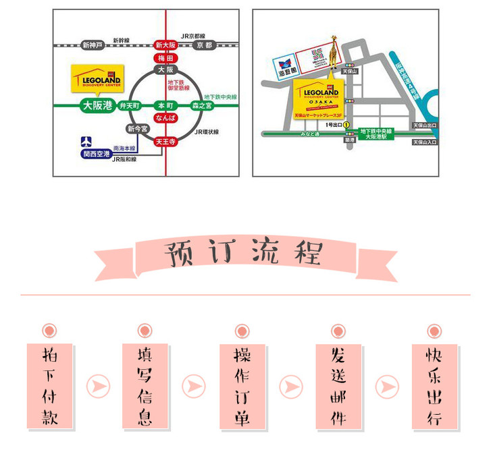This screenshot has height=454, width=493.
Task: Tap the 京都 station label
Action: point(205,45)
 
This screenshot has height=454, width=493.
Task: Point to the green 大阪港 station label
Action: point(97,105)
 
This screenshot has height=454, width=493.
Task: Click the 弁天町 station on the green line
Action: point(128,106)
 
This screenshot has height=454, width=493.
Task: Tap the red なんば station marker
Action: point(165,118)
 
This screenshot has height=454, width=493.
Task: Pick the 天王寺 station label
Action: point(165,142)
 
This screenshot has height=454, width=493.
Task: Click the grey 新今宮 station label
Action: point(136,129)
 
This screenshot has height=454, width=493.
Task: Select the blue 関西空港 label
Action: point(95,154)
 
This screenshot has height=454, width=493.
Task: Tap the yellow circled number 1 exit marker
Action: point(346,125)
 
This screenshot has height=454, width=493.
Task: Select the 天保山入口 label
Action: point(425,142)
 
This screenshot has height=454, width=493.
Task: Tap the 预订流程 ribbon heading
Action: point(245,254)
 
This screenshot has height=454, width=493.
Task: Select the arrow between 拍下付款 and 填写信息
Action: point(99,387)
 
